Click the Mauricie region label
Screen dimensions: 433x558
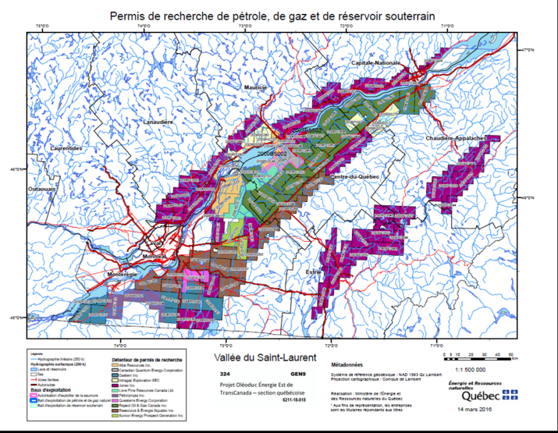(x=255, y=88)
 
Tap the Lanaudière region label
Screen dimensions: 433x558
(x=158, y=122)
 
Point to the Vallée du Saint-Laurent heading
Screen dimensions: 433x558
(x=251, y=359)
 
